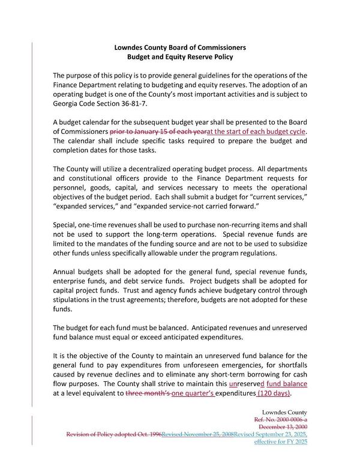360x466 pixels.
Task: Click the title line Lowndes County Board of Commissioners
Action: pyautogui.click(x=180, y=47)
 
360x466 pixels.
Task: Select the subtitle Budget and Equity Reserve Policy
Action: pyautogui.click(x=180, y=56)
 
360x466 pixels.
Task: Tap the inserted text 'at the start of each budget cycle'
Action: pyautogui.click(x=256, y=132)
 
